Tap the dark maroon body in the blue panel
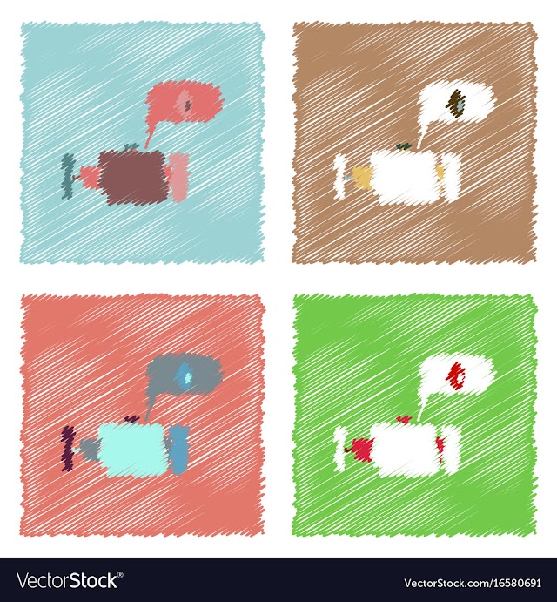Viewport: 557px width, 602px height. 133,177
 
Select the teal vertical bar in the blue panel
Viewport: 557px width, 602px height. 68,176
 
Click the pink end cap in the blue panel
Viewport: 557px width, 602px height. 178,177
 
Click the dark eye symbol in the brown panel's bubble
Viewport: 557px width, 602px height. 456,103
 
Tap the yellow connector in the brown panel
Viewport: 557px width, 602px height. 362,178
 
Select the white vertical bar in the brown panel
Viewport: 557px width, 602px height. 339,176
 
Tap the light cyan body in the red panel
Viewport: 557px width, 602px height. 133,450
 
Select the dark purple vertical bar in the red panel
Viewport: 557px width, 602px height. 68,449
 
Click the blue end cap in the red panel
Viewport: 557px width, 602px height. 178,450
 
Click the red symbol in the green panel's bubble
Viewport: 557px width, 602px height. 457,375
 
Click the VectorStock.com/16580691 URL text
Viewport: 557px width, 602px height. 473,583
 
